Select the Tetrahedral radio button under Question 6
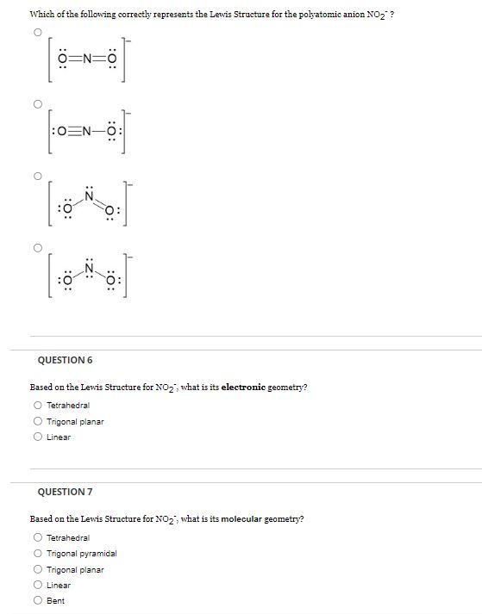pyautogui.click(x=38, y=406)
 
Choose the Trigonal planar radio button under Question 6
pyautogui.click(x=38, y=421)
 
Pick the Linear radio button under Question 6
pyautogui.click(x=38, y=437)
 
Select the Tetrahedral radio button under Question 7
pyautogui.click(x=38, y=538)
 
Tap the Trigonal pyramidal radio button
pyautogui.click(x=38, y=554)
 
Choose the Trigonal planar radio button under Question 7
pyautogui.click(x=38, y=569)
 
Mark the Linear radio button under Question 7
pyautogui.click(x=38, y=585)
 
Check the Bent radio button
pyautogui.click(x=38, y=600)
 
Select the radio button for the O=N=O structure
pyautogui.click(x=37, y=32)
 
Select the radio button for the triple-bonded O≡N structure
pyautogui.click(x=37, y=104)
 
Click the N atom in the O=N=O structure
pyautogui.click(x=87, y=60)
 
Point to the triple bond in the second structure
pyautogui.click(x=73, y=131)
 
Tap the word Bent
pyautogui.click(x=55, y=600)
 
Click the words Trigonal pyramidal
pyautogui.click(x=81, y=554)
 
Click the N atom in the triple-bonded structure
pyautogui.click(x=87, y=131)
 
